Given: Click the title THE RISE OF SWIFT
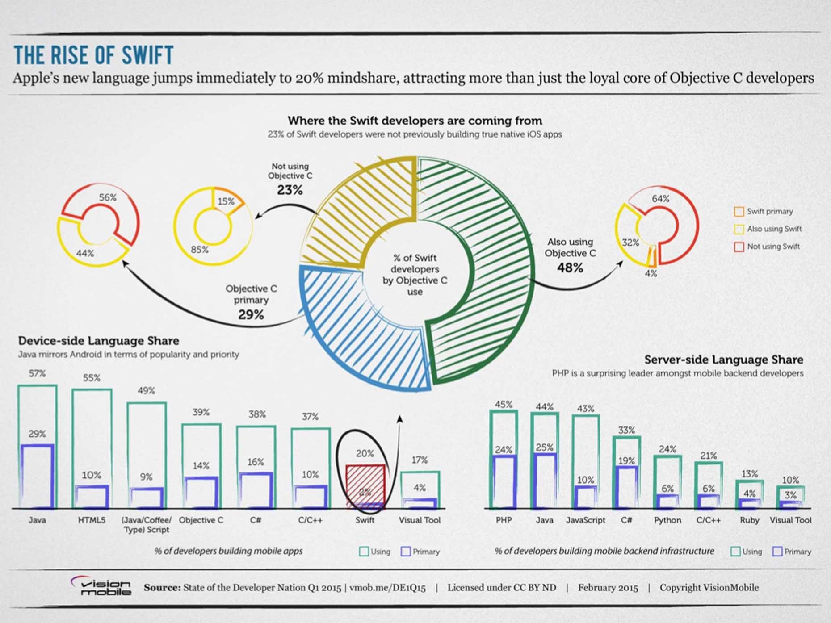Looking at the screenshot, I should pos(93,55).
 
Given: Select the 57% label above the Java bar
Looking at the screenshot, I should pos(37,373).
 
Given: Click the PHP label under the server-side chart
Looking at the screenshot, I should pos(504,520).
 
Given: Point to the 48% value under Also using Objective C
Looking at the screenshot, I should pos(570,268).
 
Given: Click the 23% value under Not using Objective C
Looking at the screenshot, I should pos(290,190).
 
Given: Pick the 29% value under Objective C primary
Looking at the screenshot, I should pos(251,315).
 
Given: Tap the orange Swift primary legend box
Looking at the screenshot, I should pos(739,211).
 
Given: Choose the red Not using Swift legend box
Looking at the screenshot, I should pos(739,247).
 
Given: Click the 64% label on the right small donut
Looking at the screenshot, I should pos(660,199).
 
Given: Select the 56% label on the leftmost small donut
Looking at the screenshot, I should pos(108,197).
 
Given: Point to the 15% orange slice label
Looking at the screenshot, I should pos(226,201).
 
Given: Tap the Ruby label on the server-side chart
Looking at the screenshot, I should pos(749,520).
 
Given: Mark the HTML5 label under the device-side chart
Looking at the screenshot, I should pos(92,520).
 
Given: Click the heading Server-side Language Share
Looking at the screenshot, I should pos(723,360).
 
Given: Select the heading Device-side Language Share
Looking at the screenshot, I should pos(98,341).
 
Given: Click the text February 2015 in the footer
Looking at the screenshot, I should pos(608,587).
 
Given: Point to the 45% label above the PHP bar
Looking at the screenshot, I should pos(504,405).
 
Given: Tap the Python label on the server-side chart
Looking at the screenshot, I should pos(667,520).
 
